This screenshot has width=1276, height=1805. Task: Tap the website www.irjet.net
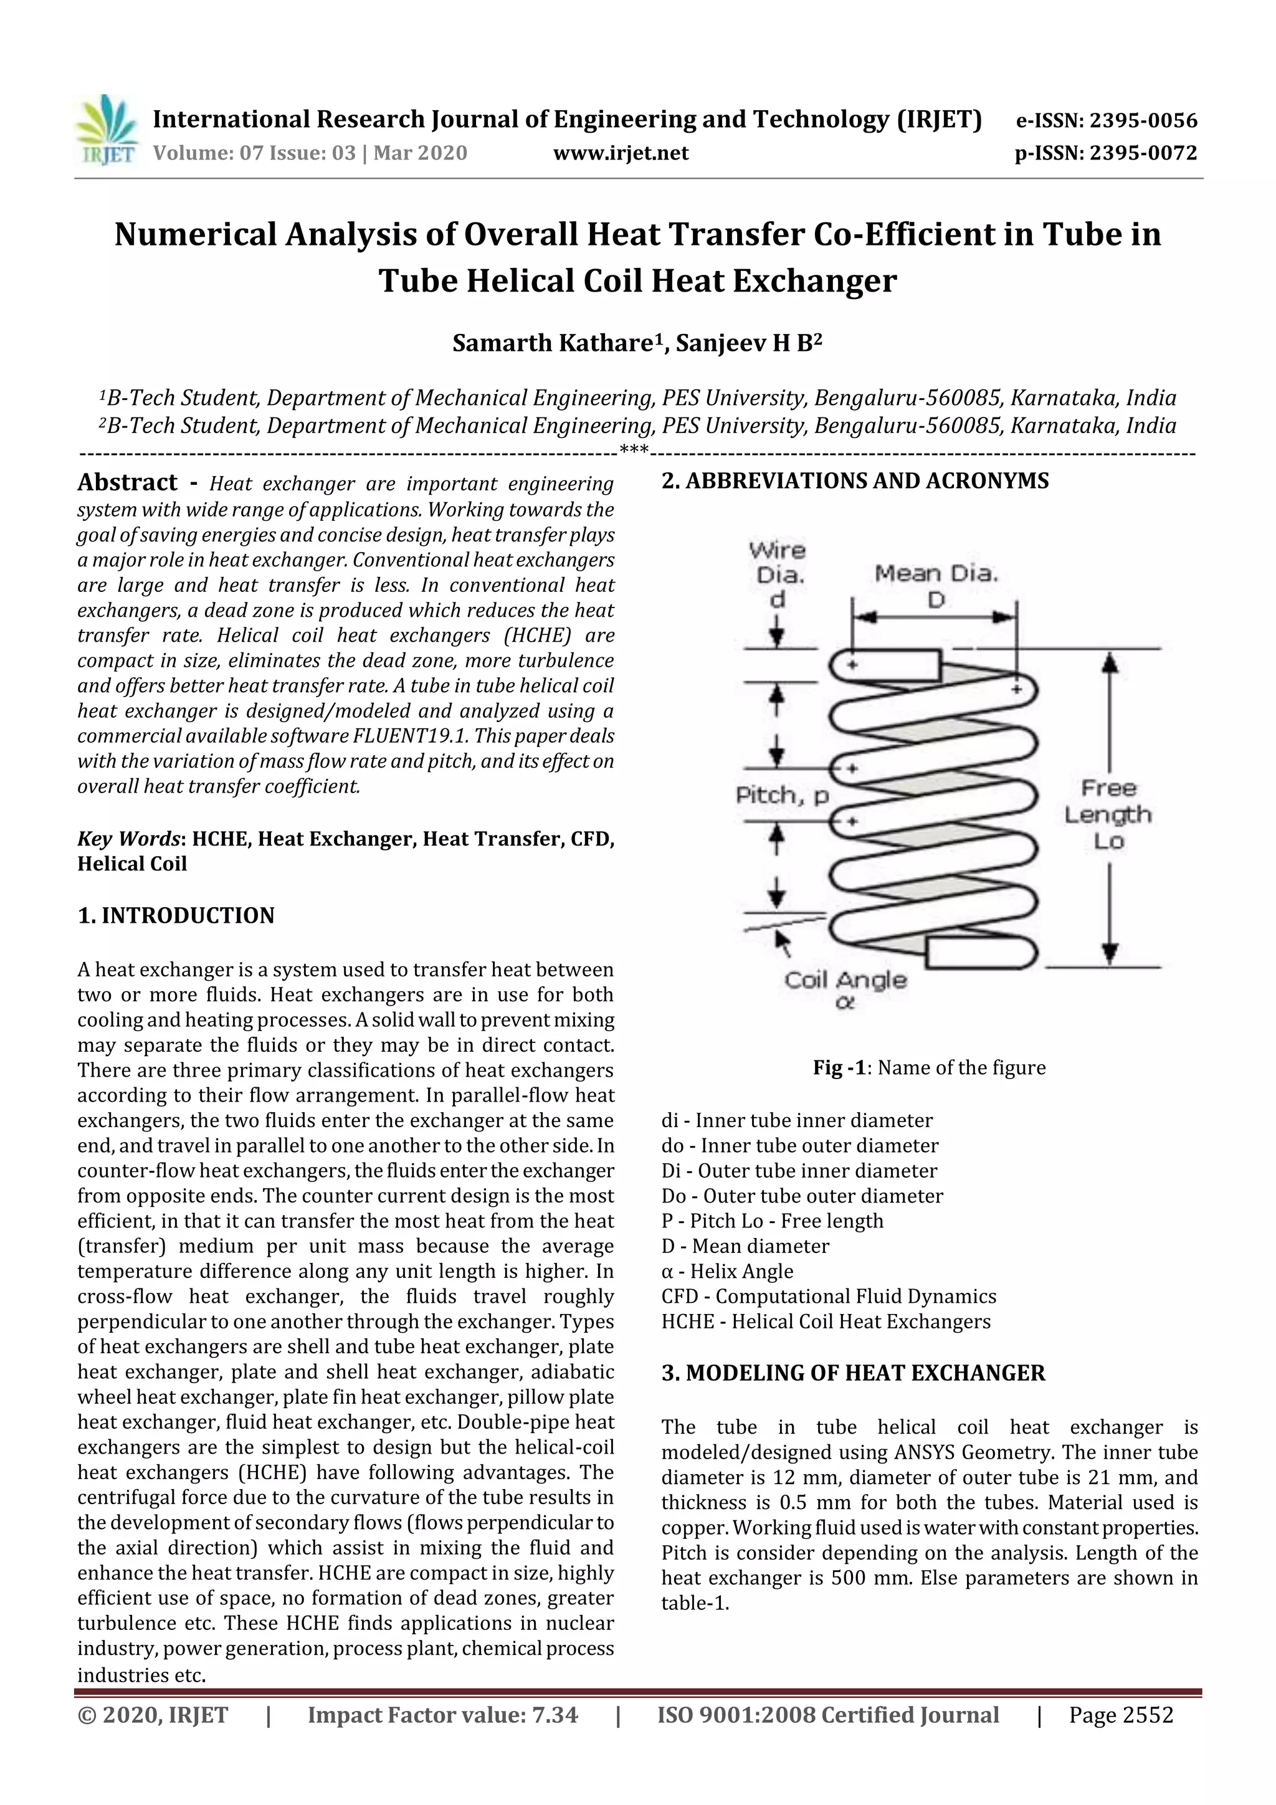pos(621,153)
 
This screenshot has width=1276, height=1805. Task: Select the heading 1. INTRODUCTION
pos(176,915)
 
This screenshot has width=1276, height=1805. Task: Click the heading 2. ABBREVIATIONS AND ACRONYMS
pos(855,480)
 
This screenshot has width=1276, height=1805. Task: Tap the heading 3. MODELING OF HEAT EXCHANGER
pos(853,1373)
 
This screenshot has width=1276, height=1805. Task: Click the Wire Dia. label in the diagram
pos(777,563)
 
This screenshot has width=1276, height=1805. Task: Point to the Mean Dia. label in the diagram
pos(936,574)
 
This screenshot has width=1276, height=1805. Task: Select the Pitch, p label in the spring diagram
pos(783,796)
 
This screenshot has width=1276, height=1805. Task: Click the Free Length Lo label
pos(1108,814)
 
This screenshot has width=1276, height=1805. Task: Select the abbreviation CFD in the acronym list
pos(678,1297)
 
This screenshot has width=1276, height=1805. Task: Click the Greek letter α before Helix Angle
pos(667,1271)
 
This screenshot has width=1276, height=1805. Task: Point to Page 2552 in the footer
pos(1120,1715)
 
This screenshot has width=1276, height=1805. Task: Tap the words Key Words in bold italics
pos(129,839)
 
